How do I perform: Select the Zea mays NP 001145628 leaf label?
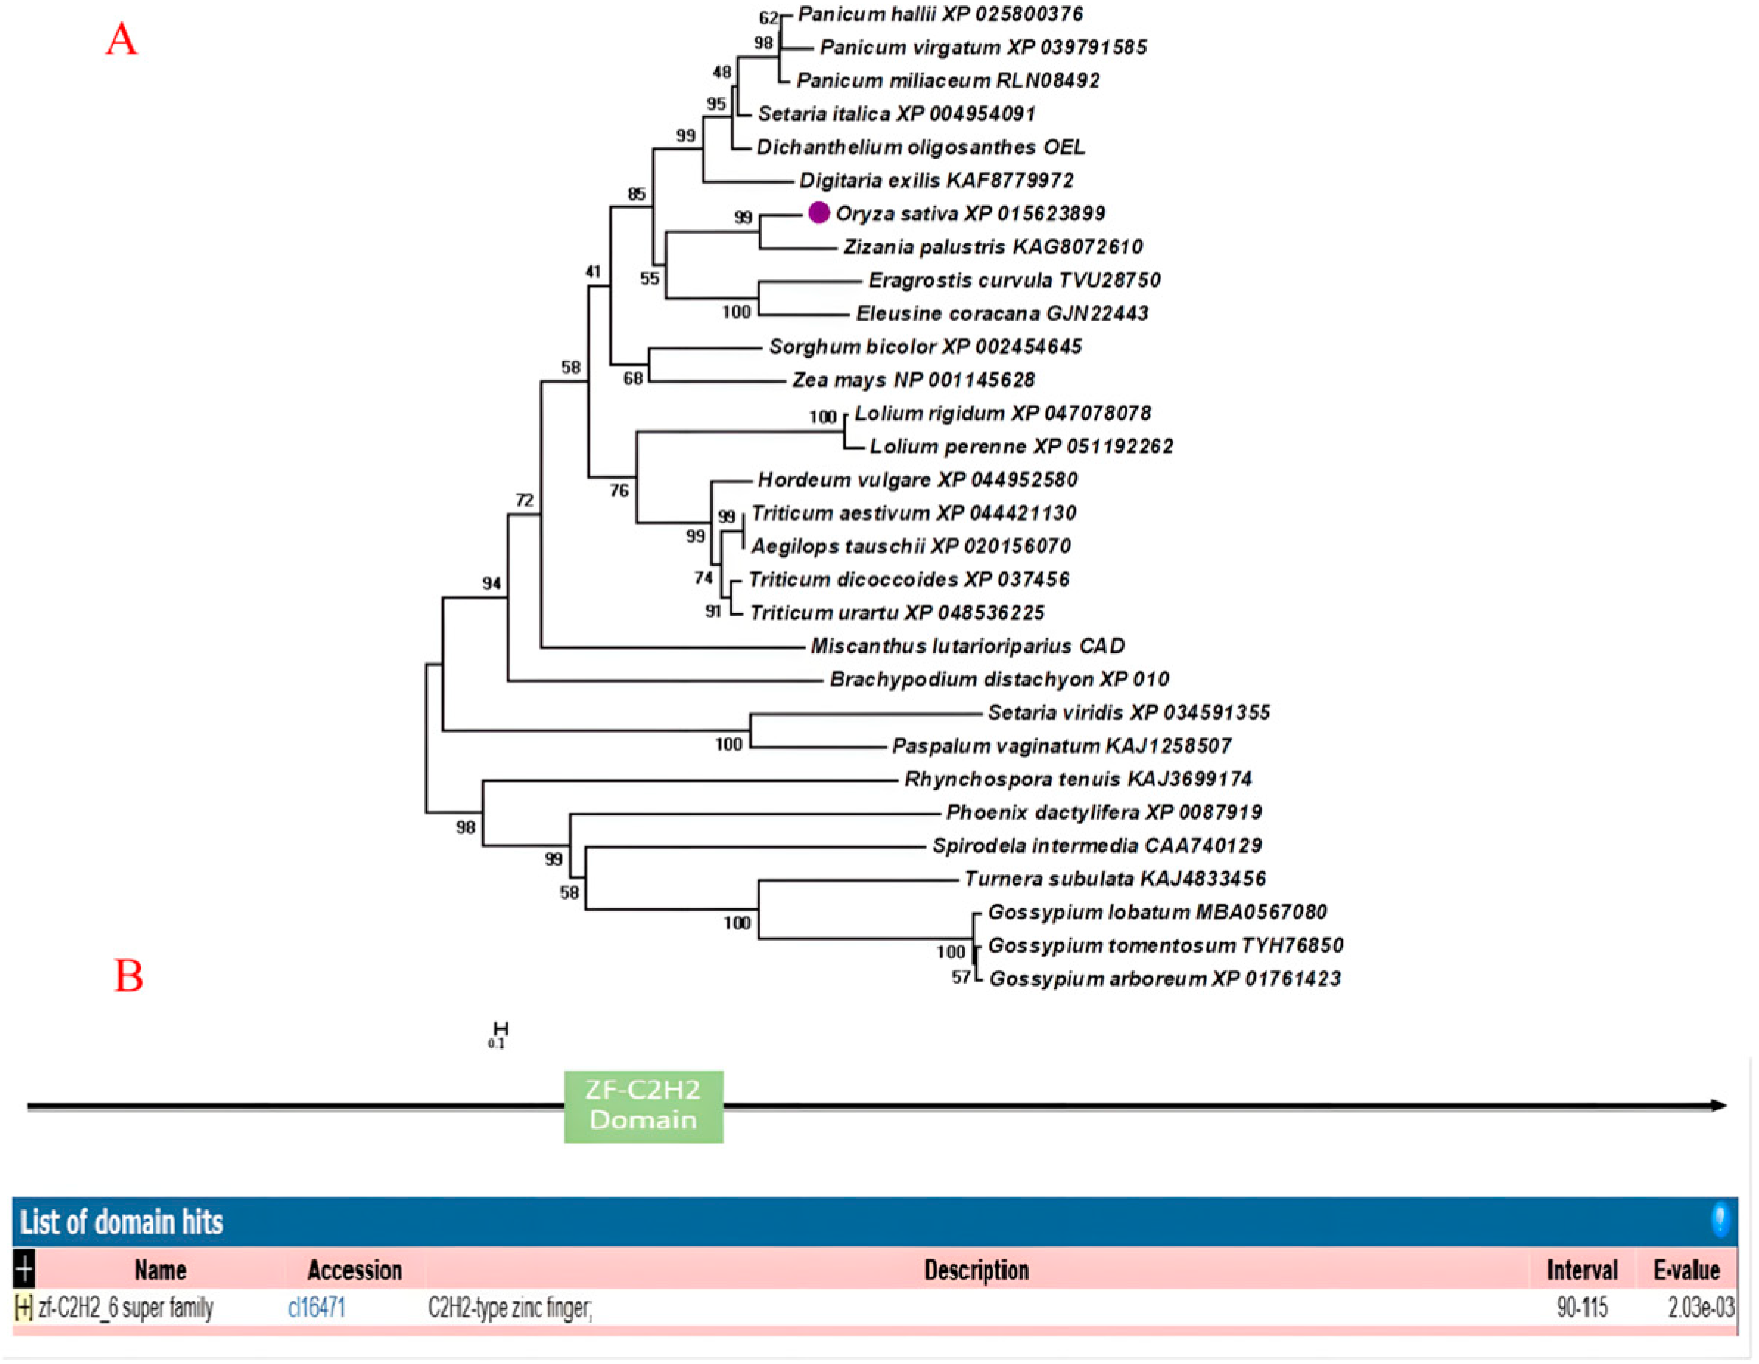913,380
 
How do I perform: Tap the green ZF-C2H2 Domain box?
643,1105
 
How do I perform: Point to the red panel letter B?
129,975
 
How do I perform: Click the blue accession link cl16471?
317,1306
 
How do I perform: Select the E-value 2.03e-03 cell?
1700,1306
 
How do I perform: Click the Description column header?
976,1270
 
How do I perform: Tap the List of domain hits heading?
122,1222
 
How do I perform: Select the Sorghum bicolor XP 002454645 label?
925,347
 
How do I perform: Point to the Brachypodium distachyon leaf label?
999,679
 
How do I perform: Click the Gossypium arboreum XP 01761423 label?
1164,978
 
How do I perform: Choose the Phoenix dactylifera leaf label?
1103,812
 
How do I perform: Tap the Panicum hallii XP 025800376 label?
940,15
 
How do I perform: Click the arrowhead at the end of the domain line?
1718,1105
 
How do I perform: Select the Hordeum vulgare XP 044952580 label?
917,479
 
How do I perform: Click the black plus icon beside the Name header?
24,1270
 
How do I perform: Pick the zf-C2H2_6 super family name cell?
125,1306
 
